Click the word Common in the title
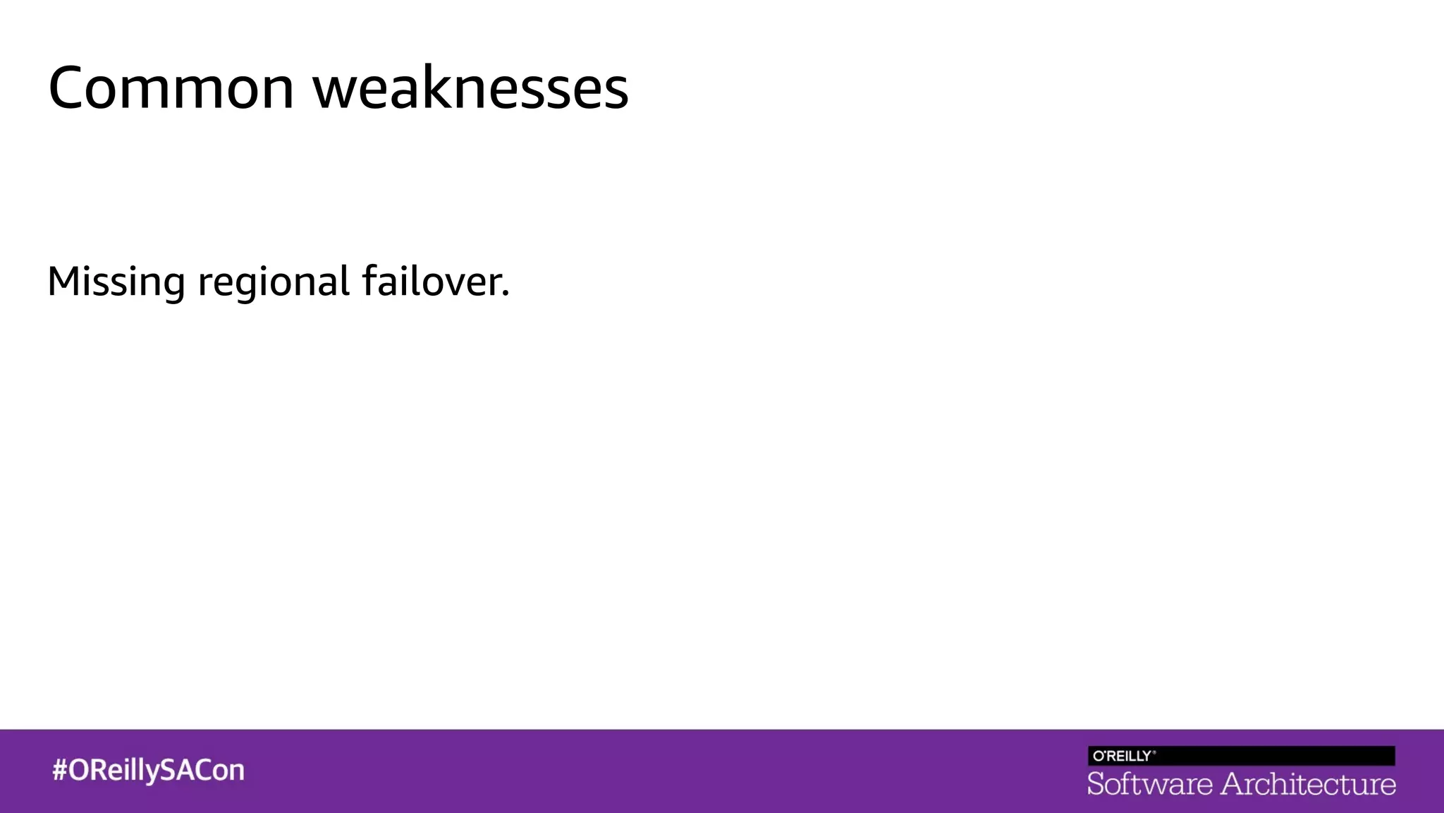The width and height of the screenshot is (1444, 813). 171,88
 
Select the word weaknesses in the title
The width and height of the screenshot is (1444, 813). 470,88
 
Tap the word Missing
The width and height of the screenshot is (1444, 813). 116,282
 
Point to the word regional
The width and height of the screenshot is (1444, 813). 274,282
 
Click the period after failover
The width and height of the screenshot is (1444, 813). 505,293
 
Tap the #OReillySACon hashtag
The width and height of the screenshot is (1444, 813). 148,770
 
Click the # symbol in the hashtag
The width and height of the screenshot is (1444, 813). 59,770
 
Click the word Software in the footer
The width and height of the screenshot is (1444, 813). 1149,784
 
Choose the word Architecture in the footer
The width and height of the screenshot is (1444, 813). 1308,784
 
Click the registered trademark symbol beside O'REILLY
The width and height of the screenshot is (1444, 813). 1154,752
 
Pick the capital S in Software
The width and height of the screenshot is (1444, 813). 1096,784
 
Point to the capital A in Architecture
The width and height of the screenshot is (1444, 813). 1234,784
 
